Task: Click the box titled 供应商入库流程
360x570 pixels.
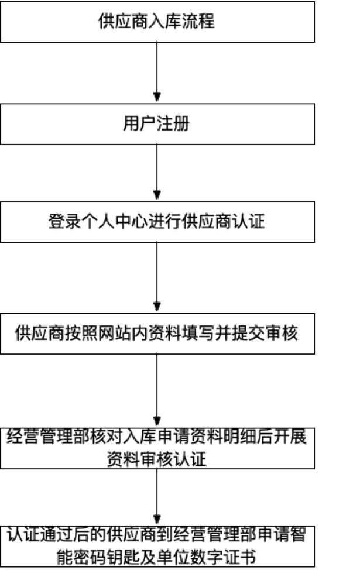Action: click(x=157, y=22)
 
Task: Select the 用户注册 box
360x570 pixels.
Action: click(x=157, y=124)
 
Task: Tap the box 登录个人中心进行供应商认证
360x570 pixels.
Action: click(x=157, y=222)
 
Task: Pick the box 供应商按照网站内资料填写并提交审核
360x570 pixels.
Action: click(x=157, y=334)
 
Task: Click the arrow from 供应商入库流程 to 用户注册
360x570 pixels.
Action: click(x=157, y=72)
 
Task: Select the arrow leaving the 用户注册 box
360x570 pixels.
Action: click(x=157, y=172)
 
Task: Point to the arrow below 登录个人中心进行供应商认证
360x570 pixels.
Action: click(x=157, y=277)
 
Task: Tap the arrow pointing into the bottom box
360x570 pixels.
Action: click(x=157, y=497)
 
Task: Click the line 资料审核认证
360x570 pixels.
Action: click(x=157, y=459)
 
